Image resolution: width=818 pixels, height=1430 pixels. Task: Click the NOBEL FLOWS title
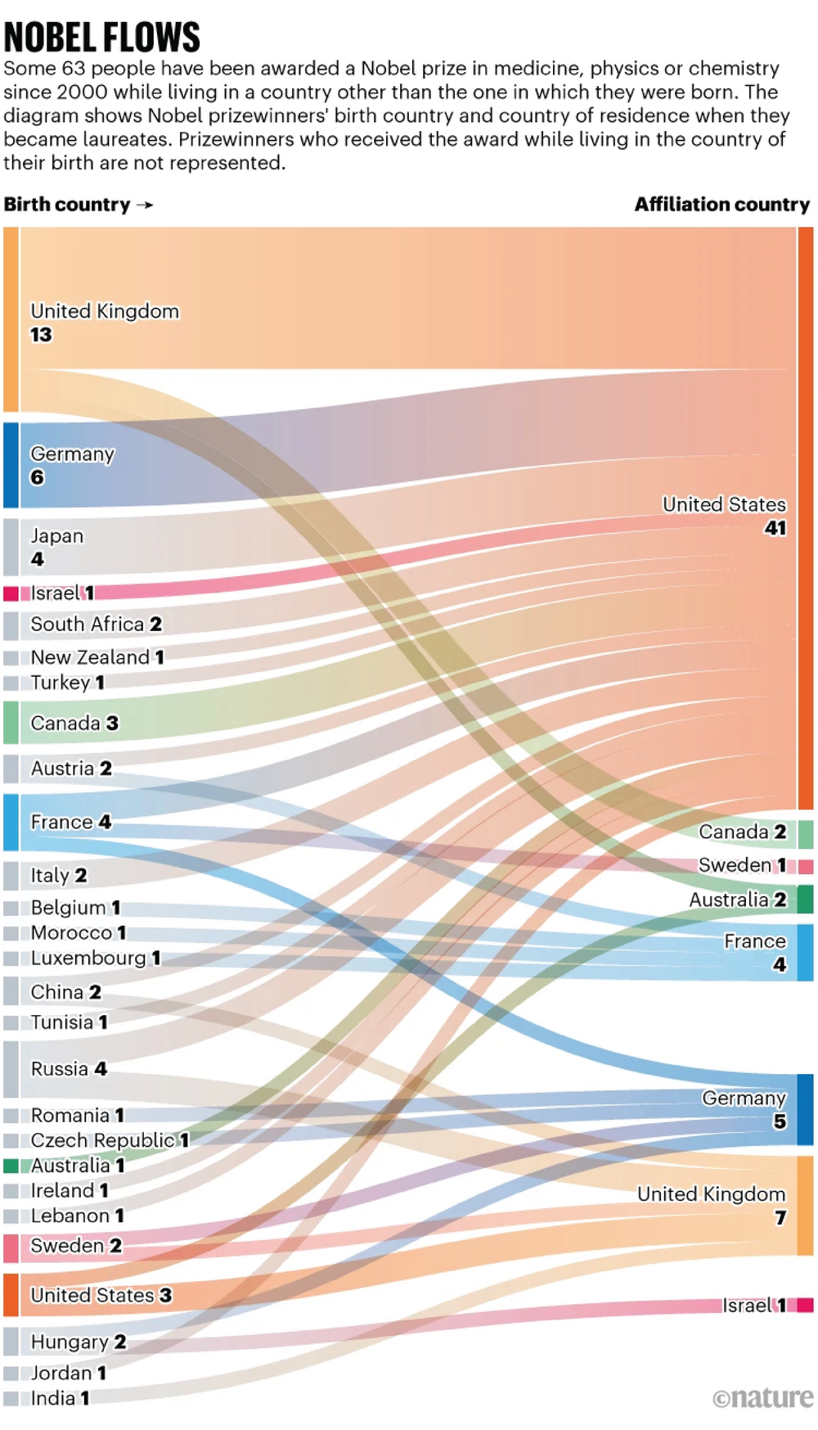coord(101,37)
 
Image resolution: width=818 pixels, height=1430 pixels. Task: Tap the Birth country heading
coord(67,205)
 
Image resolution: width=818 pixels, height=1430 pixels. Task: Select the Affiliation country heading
coord(721,205)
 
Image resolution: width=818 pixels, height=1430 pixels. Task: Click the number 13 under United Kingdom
coord(41,335)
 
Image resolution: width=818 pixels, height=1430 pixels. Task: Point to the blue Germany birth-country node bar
coord(11,465)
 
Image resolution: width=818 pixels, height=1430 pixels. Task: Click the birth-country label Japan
coord(57,535)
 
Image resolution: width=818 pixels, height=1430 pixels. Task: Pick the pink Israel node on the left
coord(11,593)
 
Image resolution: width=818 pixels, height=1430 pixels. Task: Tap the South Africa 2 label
coord(96,625)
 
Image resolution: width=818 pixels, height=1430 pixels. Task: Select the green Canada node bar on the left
coord(11,723)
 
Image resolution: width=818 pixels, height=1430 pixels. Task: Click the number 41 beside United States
coord(775,528)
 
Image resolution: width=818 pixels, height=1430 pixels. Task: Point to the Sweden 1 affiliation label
coord(741,865)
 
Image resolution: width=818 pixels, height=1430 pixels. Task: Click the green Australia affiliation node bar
coord(805,899)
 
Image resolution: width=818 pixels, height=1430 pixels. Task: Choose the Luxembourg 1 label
coord(95,958)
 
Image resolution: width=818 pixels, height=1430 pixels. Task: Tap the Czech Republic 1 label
coord(110,1140)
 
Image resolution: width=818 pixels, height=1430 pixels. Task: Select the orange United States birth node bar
coord(11,1295)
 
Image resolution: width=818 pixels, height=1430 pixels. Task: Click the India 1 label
coord(60,1398)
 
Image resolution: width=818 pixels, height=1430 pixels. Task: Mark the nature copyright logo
coord(762,1398)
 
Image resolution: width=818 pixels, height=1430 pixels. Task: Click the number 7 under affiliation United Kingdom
coord(780,1218)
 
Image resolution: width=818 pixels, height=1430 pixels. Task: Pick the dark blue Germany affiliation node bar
coord(805,1109)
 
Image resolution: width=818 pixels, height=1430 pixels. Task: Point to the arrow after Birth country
coord(145,205)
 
